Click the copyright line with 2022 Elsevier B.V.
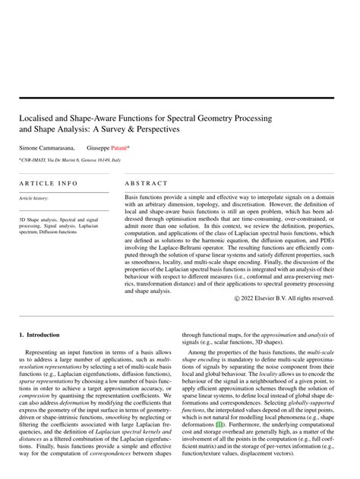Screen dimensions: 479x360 point(289,298)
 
